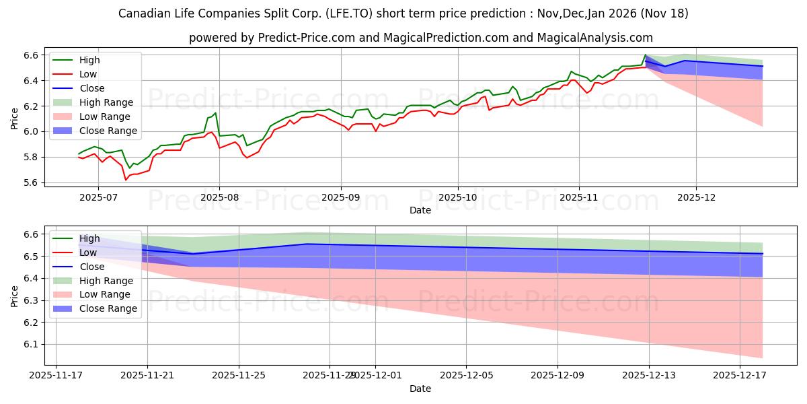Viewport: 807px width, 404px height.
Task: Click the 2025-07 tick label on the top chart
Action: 98,197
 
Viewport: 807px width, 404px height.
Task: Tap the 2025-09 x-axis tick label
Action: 340,197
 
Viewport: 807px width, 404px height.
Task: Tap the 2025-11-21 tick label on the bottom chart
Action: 147,375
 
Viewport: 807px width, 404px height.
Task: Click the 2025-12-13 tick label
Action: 649,375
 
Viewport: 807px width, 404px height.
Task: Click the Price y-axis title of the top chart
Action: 14,119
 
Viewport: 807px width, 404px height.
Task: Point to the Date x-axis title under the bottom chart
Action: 420,389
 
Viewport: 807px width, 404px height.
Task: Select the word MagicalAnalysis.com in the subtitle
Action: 592,38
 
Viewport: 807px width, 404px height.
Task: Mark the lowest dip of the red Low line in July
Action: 126,180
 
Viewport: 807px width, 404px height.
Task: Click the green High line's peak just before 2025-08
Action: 215,113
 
